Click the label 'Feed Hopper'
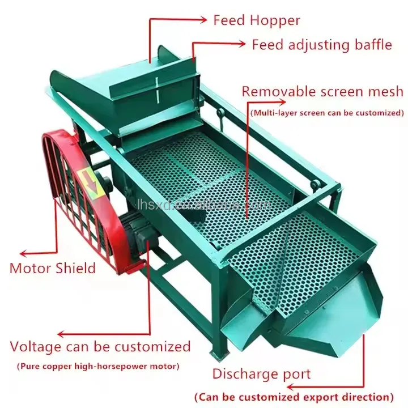click(x=256, y=20)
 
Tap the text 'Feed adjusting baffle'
click(x=321, y=44)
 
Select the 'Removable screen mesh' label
click(x=322, y=91)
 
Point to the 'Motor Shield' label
click(x=53, y=267)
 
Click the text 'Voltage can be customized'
click(x=100, y=346)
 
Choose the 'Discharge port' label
click(x=261, y=374)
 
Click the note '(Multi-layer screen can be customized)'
click(x=326, y=113)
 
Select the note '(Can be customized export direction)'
click(x=294, y=397)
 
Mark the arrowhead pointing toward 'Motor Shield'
click(x=24, y=254)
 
